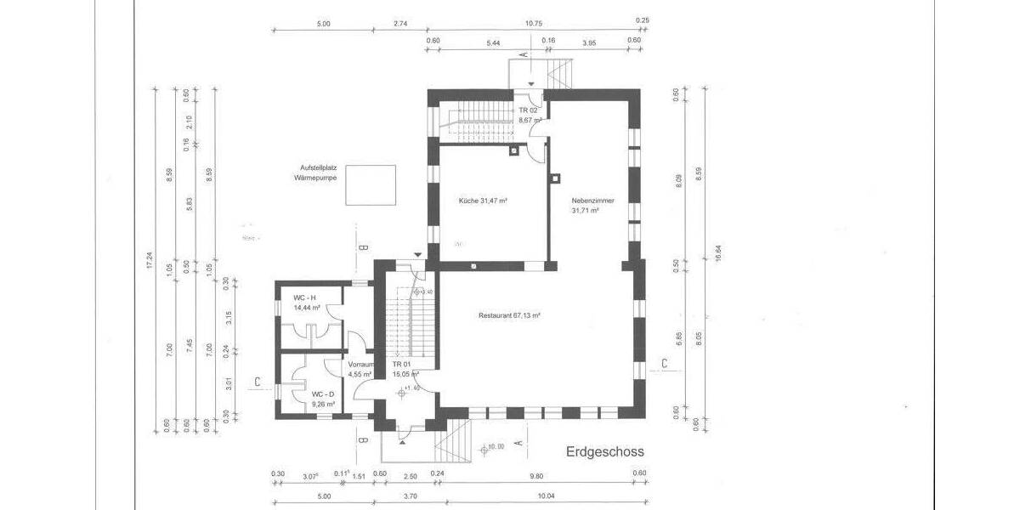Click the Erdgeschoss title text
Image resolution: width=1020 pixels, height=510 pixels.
605,451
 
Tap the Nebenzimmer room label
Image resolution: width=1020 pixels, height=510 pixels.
592,205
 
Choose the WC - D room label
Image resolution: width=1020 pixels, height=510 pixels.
322,399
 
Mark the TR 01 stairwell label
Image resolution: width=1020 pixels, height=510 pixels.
402,368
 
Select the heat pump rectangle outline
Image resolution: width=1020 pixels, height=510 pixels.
372,184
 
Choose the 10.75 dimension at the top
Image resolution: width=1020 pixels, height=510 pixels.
534,24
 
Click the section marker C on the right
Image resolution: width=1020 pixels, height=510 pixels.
664,365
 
